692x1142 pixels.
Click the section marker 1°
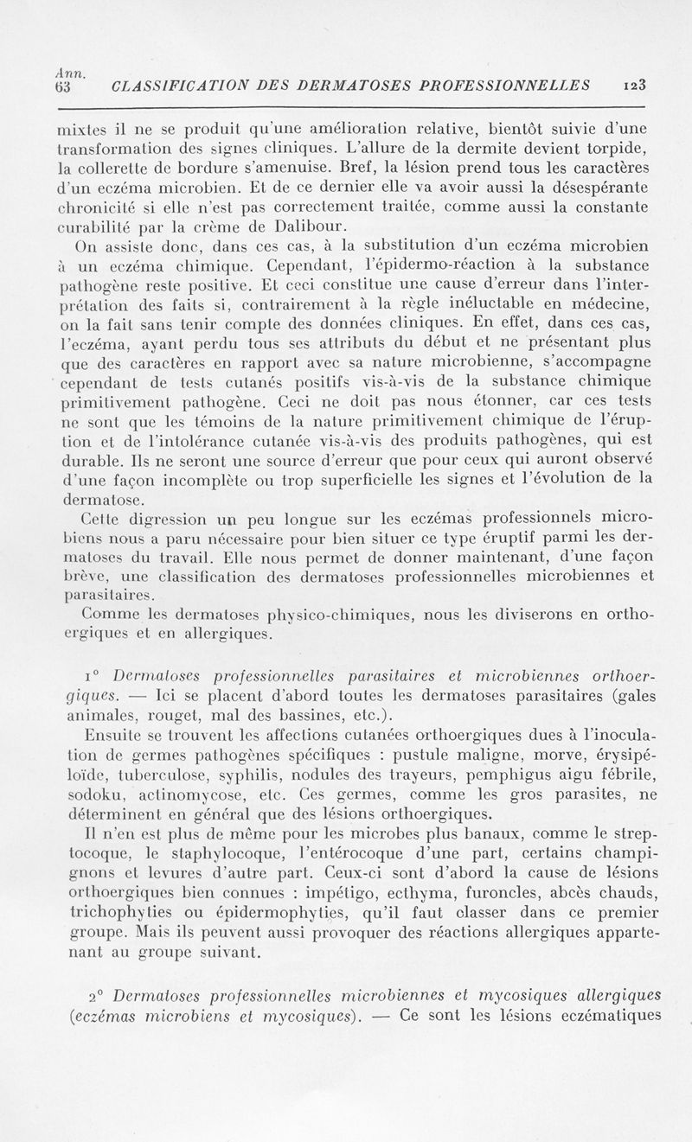click(94, 673)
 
